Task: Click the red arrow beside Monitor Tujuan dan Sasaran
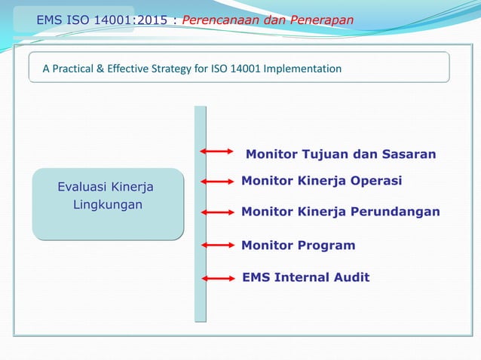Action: [x=218, y=151]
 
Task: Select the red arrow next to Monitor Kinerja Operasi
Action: [x=218, y=181]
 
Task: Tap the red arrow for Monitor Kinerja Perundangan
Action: [x=218, y=212]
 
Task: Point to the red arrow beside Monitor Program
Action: [x=218, y=245]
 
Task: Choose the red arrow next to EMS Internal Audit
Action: [x=219, y=278]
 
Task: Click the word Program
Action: [x=325, y=245]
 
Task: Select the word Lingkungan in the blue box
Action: [x=107, y=204]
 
